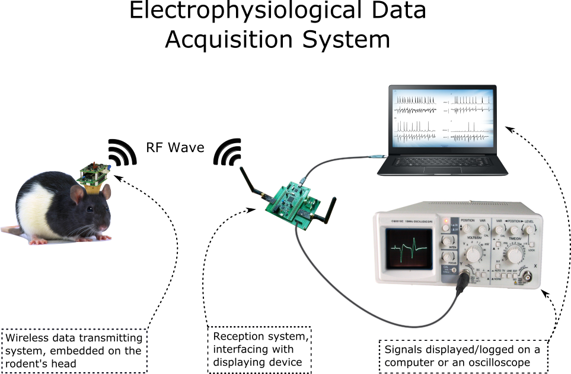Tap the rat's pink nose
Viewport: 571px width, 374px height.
click(109, 227)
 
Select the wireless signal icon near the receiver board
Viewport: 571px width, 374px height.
click(228, 152)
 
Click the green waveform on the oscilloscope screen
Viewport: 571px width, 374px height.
click(410, 246)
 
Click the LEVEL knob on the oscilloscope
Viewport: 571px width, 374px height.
click(529, 228)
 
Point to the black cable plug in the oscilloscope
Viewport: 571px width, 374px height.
click(463, 286)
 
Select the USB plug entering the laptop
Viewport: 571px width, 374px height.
click(375, 155)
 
